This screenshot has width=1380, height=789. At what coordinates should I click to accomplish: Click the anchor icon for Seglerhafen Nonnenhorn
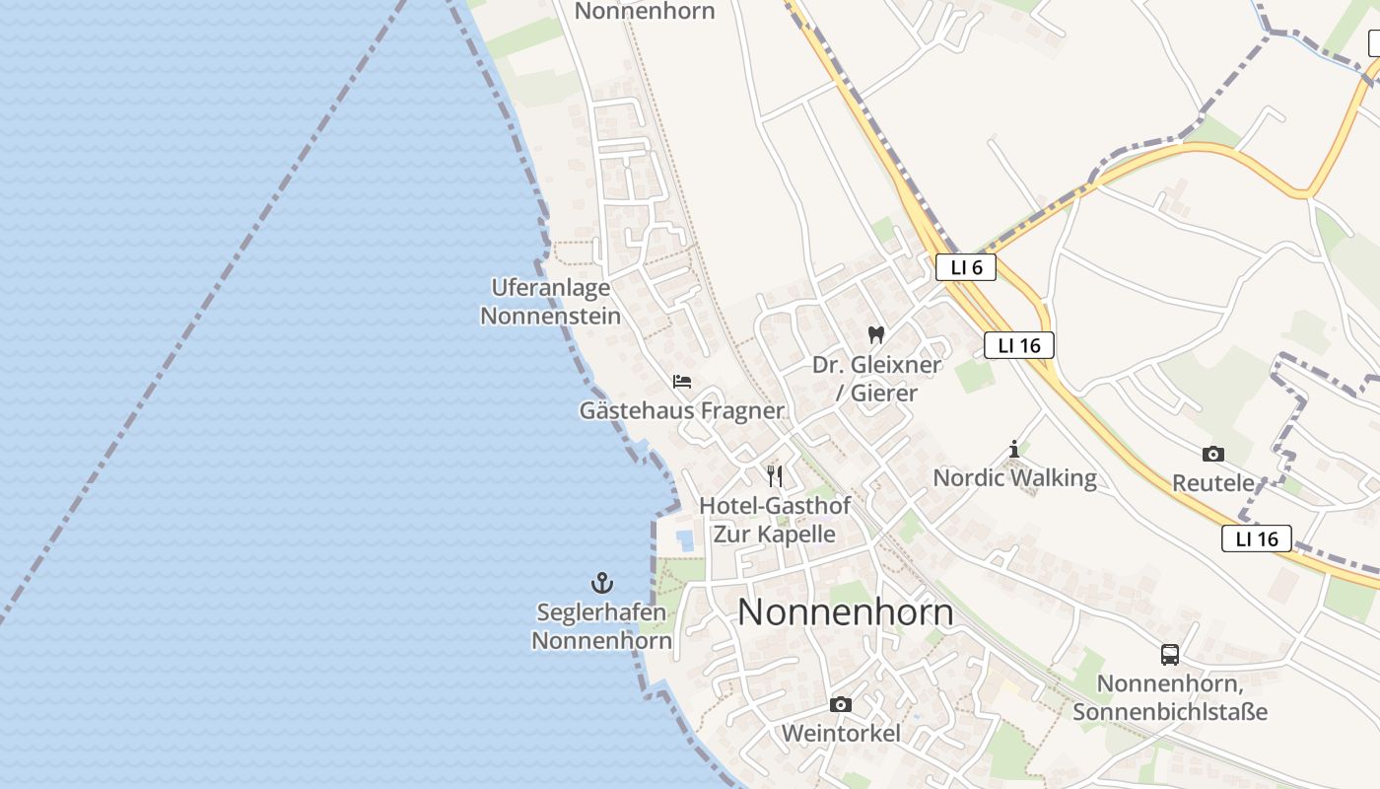[601, 583]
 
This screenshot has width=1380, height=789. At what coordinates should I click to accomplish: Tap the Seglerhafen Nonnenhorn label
[601, 626]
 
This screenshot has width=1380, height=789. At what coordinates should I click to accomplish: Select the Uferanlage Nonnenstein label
[550, 302]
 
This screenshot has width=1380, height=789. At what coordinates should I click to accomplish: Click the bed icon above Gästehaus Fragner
[682, 382]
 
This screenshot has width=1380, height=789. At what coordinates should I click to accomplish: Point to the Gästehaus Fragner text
[682, 410]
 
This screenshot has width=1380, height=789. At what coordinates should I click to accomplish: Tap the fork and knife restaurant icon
[775, 476]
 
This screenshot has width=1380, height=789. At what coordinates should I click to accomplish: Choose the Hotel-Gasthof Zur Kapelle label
[775, 520]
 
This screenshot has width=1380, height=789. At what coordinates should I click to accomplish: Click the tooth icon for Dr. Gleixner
[875, 335]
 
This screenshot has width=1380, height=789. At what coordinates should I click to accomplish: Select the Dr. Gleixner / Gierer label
[875, 379]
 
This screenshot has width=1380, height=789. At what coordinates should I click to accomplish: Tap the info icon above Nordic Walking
[1014, 450]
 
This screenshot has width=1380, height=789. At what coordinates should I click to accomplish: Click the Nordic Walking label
[1014, 478]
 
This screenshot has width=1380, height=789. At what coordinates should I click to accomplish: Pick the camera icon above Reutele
[1213, 454]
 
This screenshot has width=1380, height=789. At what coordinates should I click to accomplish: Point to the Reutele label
[1213, 483]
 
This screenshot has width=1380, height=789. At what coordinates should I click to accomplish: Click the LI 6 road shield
[966, 267]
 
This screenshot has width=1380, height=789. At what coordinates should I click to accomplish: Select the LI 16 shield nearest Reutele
[1257, 538]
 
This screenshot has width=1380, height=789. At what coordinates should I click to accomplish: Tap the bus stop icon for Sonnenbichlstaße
[1170, 655]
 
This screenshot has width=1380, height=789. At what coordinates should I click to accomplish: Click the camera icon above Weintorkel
[841, 704]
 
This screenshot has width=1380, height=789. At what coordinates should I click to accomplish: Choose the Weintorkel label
[841, 734]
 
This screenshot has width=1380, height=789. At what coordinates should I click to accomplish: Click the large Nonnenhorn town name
[846, 612]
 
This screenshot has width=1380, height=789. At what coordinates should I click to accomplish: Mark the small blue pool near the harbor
[685, 539]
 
